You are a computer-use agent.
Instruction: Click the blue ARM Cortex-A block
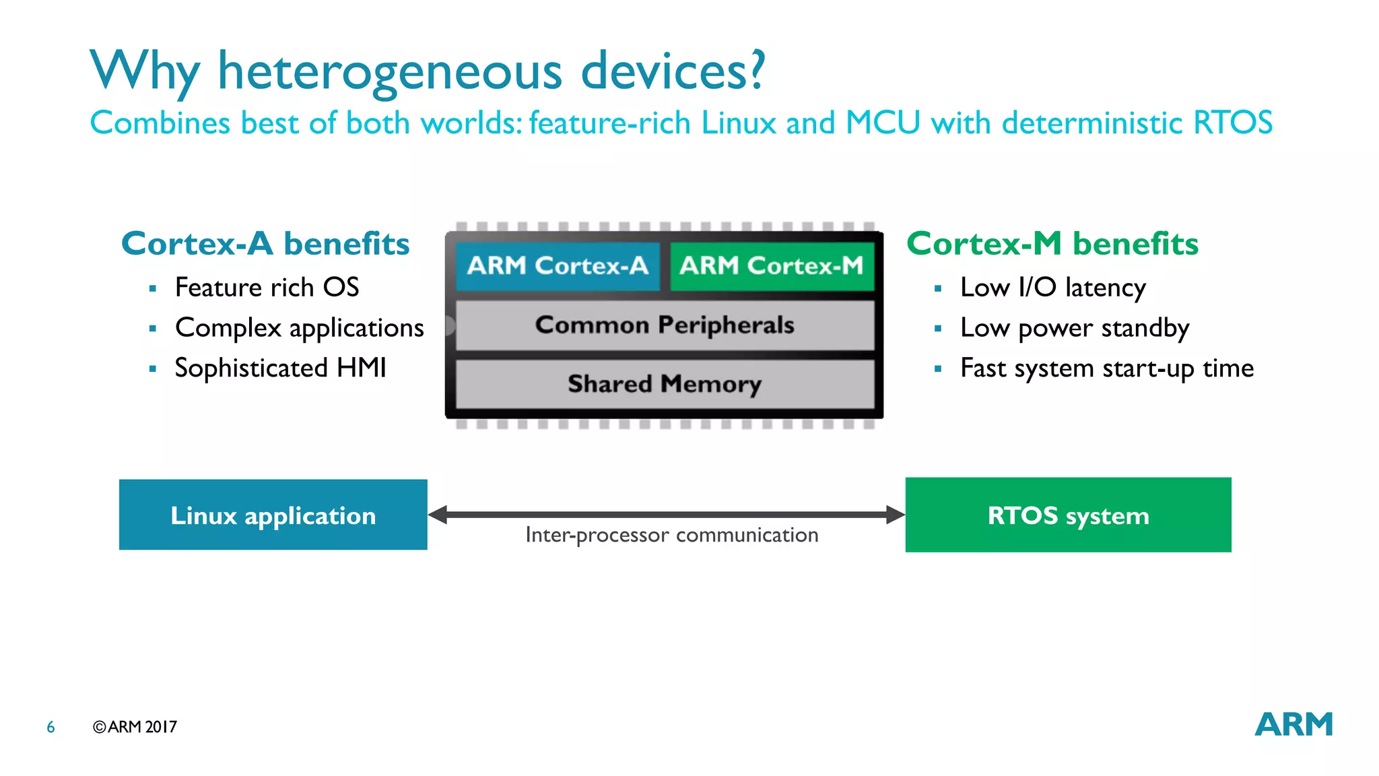pyautogui.click(x=558, y=266)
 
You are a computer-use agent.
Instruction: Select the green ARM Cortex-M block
pyautogui.click(x=772, y=266)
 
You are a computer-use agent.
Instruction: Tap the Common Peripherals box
pyautogui.click(x=665, y=325)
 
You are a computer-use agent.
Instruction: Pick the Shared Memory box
pyautogui.click(x=665, y=384)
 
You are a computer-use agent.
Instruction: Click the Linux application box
pyautogui.click(x=273, y=515)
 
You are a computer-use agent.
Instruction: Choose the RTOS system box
pyautogui.click(x=1068, y=515)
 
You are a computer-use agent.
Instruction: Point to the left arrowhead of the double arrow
pyautogui.click(x=438, y=515)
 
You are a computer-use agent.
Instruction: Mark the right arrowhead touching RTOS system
pyautogui.click(x=895, y=515)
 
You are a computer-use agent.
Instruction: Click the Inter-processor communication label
pyautogui.click(x=671, y=536)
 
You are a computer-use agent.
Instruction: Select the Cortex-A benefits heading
pyautogui.click(x=265, y=244)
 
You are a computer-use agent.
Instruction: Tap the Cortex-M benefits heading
pyautogui.click(x=1052, y=244)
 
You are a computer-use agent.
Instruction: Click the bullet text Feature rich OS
pyautogui.click(x=267, y=288)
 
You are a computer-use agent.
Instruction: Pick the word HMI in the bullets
pyautogui.click(x=361, y=368)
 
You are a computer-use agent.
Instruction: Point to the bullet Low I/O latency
pyautogui.click(x=1052, y=288)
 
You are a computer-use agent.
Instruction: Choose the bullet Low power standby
pyautogui.click(x=1075, y=328)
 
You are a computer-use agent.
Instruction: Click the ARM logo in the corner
pyautogui.click(x=1293, y=725)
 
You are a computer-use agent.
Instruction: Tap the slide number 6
pyautogui.click(x=51, y=727)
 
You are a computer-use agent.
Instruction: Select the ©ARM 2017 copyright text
pyautogui.click(x=135, y=727)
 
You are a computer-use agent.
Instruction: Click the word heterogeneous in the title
pyautogui.click(x=390, y=71)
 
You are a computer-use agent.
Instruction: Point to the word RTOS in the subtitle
pyautogui.click(x=1232, y=123)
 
